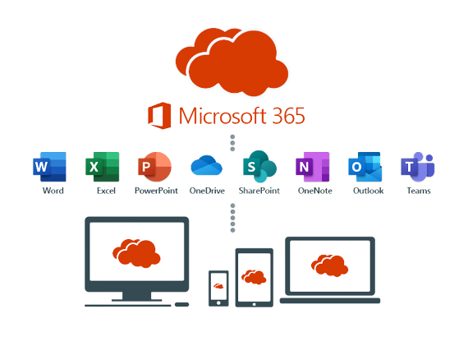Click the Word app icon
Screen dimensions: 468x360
[x=49, y=167]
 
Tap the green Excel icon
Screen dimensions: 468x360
[x=103, y=167]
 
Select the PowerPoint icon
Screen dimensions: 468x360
[x=154, y=167]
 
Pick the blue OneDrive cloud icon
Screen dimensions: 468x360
[x=207, y=165]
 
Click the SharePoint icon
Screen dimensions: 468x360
[x=259, y=166]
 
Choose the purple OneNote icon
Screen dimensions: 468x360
[x=313, y=167]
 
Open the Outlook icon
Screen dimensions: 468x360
[x=365, y=167]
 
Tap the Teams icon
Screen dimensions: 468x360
[x=418, y=167]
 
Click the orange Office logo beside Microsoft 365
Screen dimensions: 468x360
[x=159, y=116]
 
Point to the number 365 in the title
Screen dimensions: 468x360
[x=289, y=116]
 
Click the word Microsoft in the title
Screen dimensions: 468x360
[x=223, y=116]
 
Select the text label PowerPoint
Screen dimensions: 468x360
[x=156, y=191]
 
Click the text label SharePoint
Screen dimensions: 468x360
[x=259, y=191]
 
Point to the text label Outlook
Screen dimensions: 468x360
[x=369, y=191]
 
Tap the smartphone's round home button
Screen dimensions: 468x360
[x=218, y=303]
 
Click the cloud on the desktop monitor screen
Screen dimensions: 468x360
[x=136, y=253]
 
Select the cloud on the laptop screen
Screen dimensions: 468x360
[x=329, y=265]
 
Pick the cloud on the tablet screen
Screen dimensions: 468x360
[x=254, y=277]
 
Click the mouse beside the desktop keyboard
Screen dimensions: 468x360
[x=181, y=304]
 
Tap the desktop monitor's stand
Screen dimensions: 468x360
[x=136, y=297]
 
